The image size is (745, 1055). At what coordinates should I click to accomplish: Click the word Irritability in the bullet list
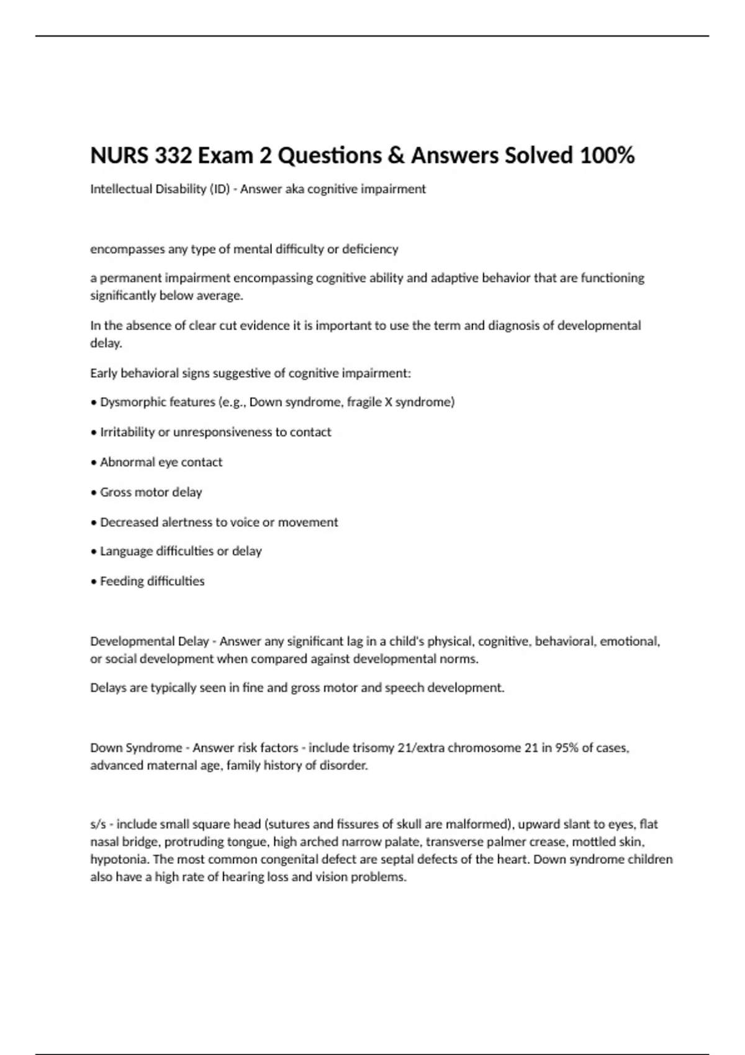coord(127,432)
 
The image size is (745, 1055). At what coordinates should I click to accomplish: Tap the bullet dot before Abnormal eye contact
coord(94,463)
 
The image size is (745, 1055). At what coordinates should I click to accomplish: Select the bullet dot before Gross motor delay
coord(94,493)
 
